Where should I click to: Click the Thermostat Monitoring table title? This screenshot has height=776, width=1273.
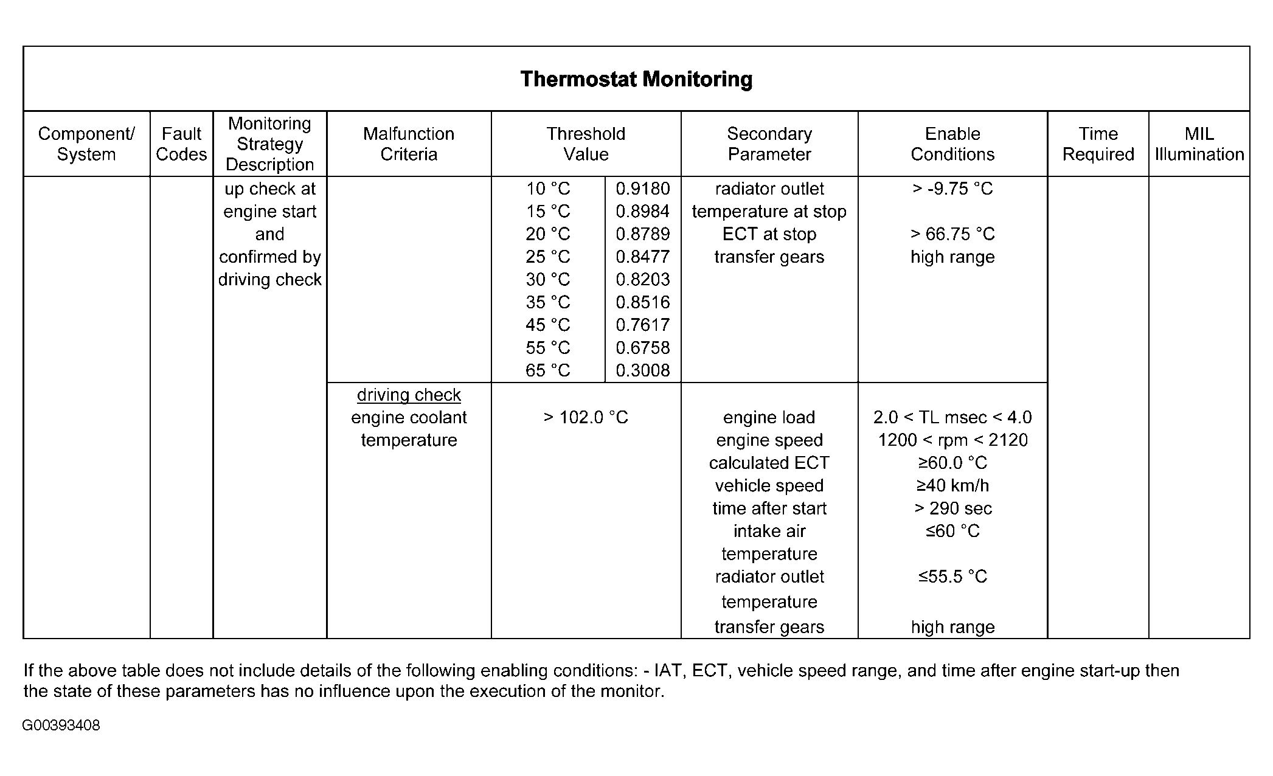point(636,79)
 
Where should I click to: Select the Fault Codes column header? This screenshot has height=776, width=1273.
point(181,144)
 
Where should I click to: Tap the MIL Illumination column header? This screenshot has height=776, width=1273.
point(1199,144)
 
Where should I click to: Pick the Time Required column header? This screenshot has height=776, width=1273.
point(1098,144)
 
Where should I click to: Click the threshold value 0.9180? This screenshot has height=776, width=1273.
point(642,189)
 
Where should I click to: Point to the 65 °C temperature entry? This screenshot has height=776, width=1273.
point(547,370)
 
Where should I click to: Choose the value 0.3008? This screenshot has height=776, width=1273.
point(642,370)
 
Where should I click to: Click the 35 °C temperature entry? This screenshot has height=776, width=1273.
point(547,302)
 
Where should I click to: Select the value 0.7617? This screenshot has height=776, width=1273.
point(642,325)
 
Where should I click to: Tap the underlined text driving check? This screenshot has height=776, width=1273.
point(409,395)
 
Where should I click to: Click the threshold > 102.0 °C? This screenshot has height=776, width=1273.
point(586,417)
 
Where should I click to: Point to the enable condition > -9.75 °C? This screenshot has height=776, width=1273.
point(952,189)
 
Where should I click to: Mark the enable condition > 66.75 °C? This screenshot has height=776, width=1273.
point(952,234)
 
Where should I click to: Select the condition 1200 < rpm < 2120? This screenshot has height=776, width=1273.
point(952,440)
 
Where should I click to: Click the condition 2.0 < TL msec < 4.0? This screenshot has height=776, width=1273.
point(952,417)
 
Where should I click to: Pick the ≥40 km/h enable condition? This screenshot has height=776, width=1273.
point(952,486)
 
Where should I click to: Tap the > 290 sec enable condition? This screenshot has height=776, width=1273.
point(952,508)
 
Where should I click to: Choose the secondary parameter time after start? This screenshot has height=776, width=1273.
point(769,508)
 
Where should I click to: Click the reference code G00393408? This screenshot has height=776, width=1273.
point(61,726)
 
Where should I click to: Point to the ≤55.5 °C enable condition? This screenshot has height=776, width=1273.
point(952,577)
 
